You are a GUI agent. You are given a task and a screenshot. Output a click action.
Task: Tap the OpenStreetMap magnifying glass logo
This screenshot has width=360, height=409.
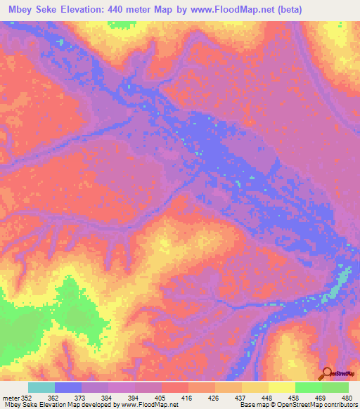(x=326, y=375)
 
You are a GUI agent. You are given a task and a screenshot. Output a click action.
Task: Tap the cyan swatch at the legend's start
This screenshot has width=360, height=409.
(x=41, y=387)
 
